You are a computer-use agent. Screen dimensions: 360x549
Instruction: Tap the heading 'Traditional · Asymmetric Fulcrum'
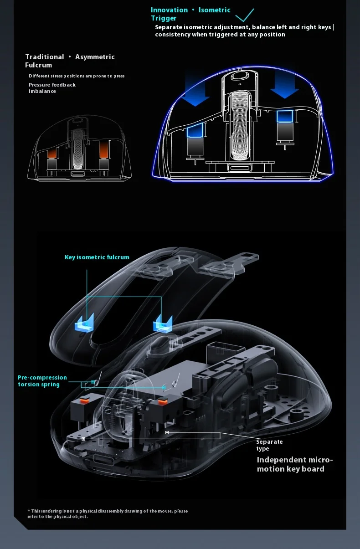coord(70,61)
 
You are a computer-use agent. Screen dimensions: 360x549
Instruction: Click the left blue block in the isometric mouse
coord(196,132)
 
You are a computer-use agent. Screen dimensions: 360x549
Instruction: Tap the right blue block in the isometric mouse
coord(284,116)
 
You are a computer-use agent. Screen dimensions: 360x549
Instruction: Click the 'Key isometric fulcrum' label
coord(97,257)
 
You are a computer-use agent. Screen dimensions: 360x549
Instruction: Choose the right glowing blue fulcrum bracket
coord(162,323)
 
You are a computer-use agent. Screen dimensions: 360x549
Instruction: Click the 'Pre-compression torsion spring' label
coord(42,381)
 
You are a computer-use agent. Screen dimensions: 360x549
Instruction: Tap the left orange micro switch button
coord(83,401)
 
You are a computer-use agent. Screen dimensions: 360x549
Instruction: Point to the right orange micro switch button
coord(161,402)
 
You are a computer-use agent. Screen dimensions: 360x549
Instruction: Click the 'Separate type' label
coord(269,445)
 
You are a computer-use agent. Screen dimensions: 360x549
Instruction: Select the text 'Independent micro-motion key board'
coord(294,464)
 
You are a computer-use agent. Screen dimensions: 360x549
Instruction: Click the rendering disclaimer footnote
coord(107,514)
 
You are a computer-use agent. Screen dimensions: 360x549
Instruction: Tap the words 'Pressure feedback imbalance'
coord(52,88)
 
